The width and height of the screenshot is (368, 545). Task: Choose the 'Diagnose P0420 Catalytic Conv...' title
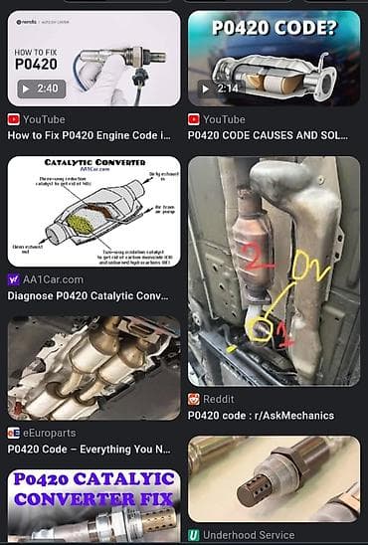click(x=93, y=295)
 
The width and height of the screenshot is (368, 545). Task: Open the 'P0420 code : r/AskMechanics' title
click(x=261, y=416)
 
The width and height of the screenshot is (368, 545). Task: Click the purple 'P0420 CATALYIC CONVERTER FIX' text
click(x=92, y=489)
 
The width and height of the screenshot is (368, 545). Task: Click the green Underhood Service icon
click(x=195, y=535)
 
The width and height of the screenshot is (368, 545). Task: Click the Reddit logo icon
click(x=195, y=399)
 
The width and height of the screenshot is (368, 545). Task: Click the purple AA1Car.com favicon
click(x=14, y=279)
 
